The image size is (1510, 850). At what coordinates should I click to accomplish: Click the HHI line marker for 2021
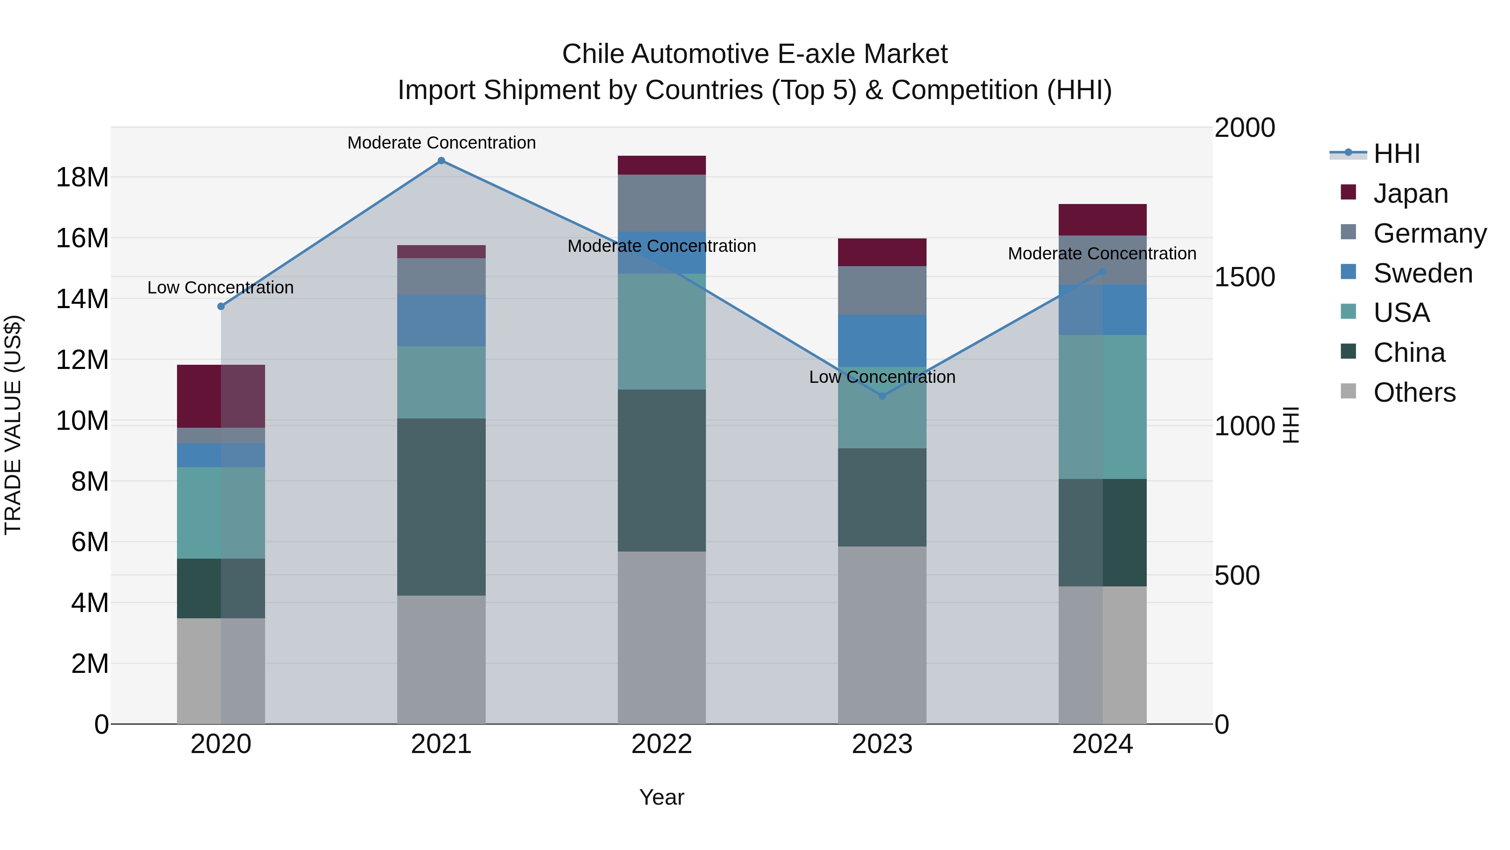point(441,161)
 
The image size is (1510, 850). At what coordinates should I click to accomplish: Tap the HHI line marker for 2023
point(882,396)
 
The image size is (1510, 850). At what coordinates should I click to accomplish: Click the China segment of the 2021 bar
point(441,506)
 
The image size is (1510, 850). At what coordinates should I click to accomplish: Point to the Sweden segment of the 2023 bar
point(882,340)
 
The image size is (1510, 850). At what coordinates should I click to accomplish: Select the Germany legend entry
point(1429,233)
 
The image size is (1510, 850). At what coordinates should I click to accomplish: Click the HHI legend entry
point(1395,154)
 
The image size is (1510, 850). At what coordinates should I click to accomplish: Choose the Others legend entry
point(1414,392)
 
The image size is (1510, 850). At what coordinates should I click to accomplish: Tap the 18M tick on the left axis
point(82,177)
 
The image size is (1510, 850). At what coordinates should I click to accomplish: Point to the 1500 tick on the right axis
point(1244,277)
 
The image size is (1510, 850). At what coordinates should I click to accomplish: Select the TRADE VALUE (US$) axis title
point(13,425)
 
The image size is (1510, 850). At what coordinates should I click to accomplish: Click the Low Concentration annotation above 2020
point(220,288)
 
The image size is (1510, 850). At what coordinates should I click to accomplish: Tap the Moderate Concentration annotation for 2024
point(1101,254)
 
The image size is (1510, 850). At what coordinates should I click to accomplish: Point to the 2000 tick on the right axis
point(1244,128)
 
